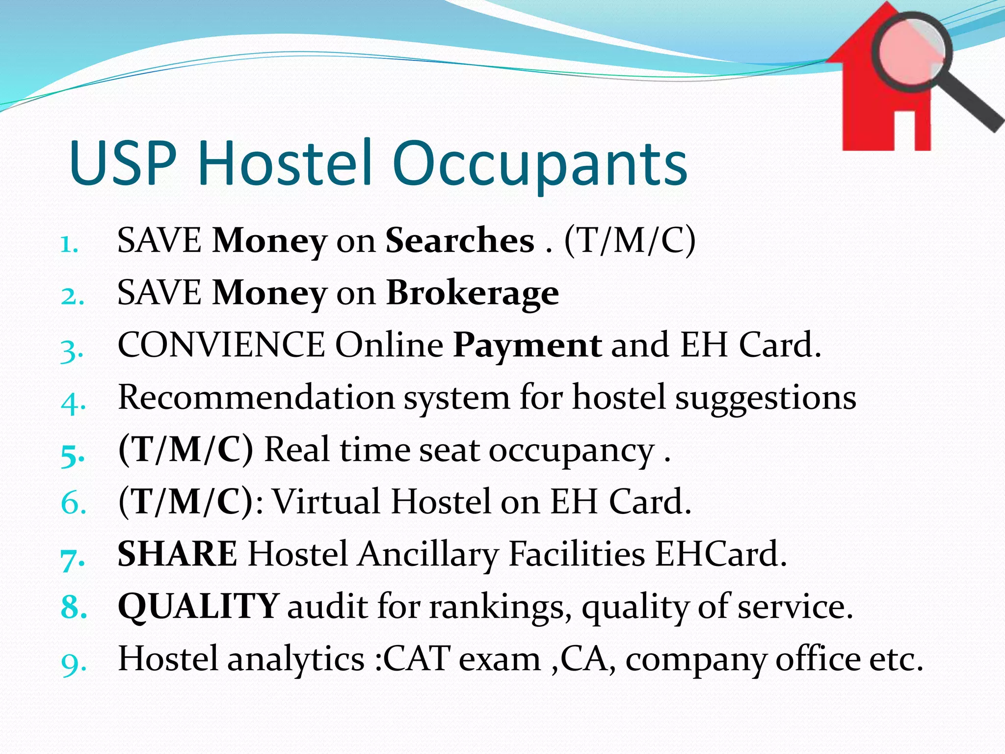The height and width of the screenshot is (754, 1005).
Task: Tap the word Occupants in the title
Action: (540, 164)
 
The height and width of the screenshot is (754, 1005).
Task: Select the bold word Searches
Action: (460, 241)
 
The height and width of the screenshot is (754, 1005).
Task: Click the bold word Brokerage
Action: (473, 294)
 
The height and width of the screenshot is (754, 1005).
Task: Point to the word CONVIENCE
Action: (221, 345)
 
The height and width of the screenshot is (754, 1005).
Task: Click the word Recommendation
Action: (256, 397)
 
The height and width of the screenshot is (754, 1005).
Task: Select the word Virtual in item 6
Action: (326, 502)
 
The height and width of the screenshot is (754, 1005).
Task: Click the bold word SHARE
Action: (178, 554)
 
